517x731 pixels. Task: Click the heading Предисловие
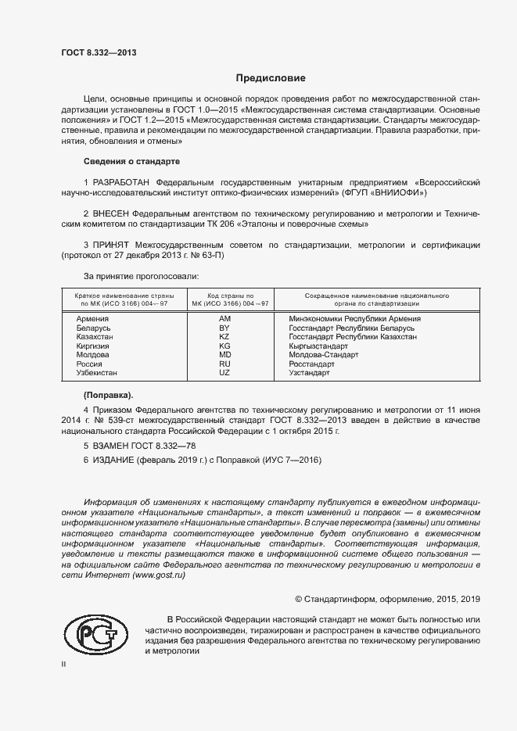tap(271, 79)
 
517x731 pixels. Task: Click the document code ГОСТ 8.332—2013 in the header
tap(99, 52)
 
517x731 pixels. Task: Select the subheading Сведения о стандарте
tap(131, 161)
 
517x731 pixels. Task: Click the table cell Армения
tap(92, 319)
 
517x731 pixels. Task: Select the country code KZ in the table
tap(224, 337)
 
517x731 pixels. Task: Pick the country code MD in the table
tap(224, 355)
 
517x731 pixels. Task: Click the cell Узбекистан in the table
tap(97, 373)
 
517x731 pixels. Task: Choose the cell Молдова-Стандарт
tap(323, 355)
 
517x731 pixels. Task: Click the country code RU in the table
tap(224, 364)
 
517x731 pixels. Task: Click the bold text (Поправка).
tap(108, 393)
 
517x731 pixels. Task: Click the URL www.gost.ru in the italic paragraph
tap(159, 575)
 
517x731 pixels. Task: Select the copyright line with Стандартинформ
tap(387, 599)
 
